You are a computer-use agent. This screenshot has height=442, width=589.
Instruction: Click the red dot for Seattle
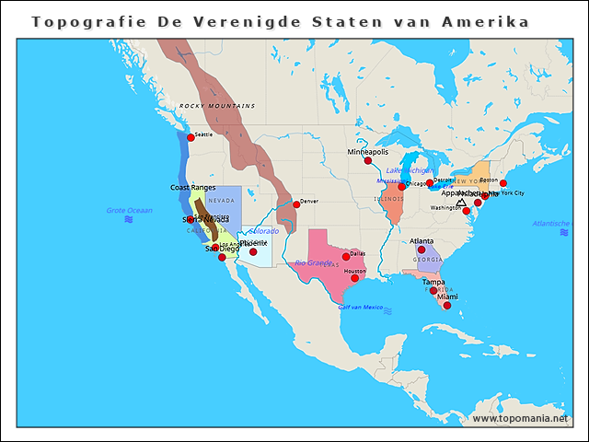tap(191, 137)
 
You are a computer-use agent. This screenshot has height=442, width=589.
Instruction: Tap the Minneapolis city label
tap(368, 151)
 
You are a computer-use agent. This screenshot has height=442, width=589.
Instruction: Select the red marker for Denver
tap(296, 204)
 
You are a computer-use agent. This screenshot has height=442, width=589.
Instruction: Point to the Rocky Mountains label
tap(217, 107)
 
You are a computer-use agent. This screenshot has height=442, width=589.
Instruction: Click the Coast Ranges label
tap(193, 187)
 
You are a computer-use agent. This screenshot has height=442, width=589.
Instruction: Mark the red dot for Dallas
tap(346, 257)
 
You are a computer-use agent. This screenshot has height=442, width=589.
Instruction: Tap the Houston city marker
tap(354, 278)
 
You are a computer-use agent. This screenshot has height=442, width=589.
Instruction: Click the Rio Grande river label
tap(314, 263)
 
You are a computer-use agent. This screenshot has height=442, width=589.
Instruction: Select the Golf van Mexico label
tap(361, 307)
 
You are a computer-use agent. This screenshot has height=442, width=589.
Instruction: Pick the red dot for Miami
tap(447, 306)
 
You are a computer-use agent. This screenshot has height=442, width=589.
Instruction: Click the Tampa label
tap(433, 282)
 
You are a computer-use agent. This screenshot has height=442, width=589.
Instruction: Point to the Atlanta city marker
tap(422, 250)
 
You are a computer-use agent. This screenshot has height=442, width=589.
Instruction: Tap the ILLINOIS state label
tap(389, 198)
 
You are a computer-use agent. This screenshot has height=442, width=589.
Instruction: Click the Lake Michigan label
tap(410, 170)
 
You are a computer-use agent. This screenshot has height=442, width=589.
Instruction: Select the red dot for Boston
tap(502, 183)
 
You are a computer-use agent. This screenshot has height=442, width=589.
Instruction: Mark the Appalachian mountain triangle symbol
tap(461, 202)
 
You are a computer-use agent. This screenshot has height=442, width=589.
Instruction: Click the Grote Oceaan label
tap(128, 211)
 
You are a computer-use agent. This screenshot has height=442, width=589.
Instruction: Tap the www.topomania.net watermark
tap(519, 418)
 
